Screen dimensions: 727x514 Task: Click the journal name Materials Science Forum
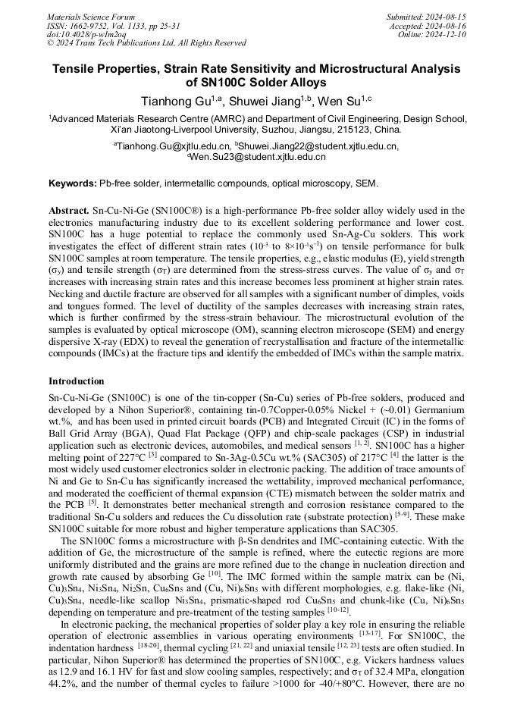(x=91, y=17)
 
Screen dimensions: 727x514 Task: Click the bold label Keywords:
(x=73, y=184)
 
